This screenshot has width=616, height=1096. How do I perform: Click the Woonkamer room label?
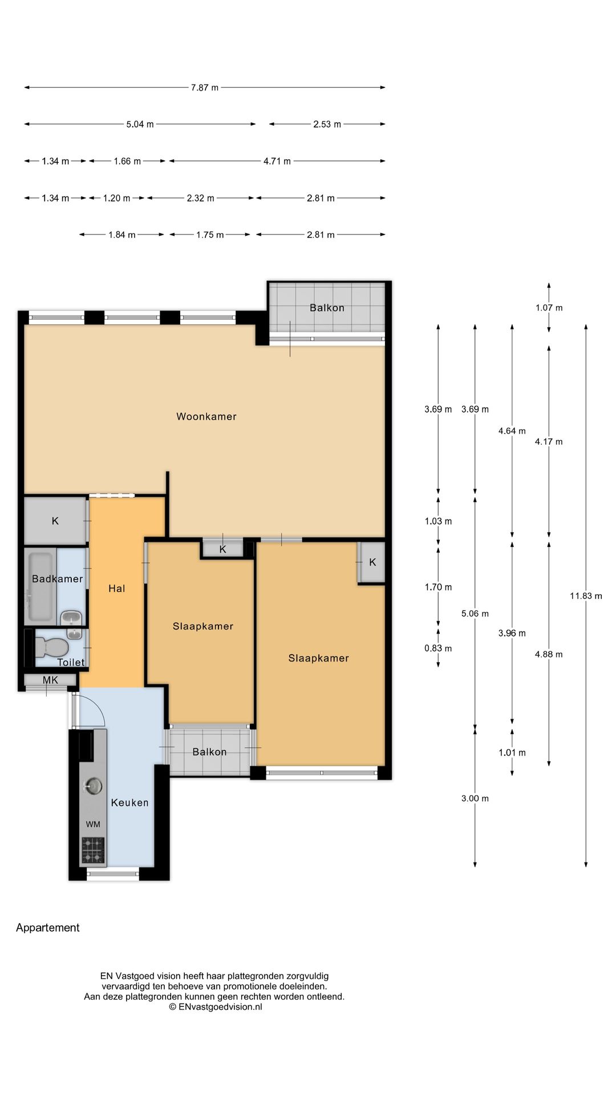click(206, 417)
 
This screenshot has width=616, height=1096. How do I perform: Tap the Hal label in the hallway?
click(117, 589)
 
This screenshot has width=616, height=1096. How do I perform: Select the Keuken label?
click(129, 803)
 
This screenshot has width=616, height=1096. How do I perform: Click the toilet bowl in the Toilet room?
click(51, 647)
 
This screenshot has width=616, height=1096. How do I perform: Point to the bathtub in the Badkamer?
click(41, 586)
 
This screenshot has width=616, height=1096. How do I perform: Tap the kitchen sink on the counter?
click(92, 786)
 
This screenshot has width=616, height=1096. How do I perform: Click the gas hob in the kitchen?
click(93, 849)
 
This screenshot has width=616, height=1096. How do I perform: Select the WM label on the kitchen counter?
click(93, 824)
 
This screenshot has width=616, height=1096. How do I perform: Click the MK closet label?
click(50, 680)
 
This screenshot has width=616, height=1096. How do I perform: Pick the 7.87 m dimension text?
click(205, 88)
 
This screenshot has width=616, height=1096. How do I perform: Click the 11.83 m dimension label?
click(586, 596)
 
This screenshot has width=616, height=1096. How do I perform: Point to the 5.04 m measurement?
click(140, 124)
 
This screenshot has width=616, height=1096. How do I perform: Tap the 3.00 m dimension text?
click(475, 799)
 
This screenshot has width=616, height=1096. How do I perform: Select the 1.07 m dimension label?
click(549, 308)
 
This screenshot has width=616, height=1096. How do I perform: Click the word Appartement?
click(48, 928)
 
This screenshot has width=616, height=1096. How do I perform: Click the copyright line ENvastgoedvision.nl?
click(215, 1007)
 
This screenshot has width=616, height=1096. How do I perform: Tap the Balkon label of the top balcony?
click(327, 308)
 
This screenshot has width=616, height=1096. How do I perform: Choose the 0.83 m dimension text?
click(438, 648)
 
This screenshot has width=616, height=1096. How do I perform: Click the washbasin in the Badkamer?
click(71, 618)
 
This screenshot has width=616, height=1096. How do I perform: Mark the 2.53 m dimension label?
click(327, 124)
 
